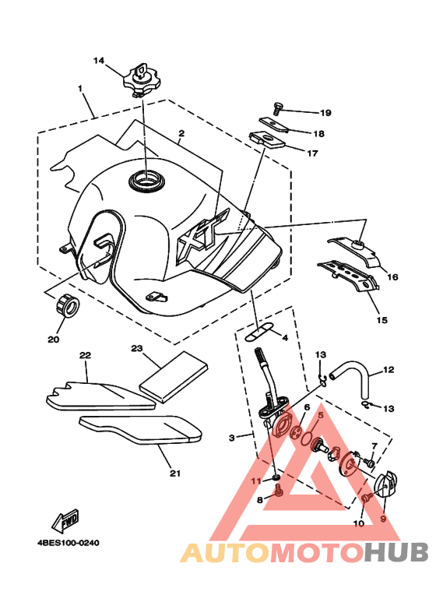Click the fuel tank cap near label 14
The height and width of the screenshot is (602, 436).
142,80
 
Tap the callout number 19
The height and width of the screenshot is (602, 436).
325,113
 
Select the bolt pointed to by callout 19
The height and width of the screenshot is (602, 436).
277,108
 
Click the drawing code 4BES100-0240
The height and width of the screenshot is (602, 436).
69,543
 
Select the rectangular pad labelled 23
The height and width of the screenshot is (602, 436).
174,377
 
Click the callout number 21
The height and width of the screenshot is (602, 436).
175,474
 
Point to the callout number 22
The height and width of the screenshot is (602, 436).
85,355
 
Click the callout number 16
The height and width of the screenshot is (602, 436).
392,276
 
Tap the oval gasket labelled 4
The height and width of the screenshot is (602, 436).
258,331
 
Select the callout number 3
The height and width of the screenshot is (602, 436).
232,438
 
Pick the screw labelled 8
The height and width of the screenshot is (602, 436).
278,491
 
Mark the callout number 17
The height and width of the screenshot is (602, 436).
313,153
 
